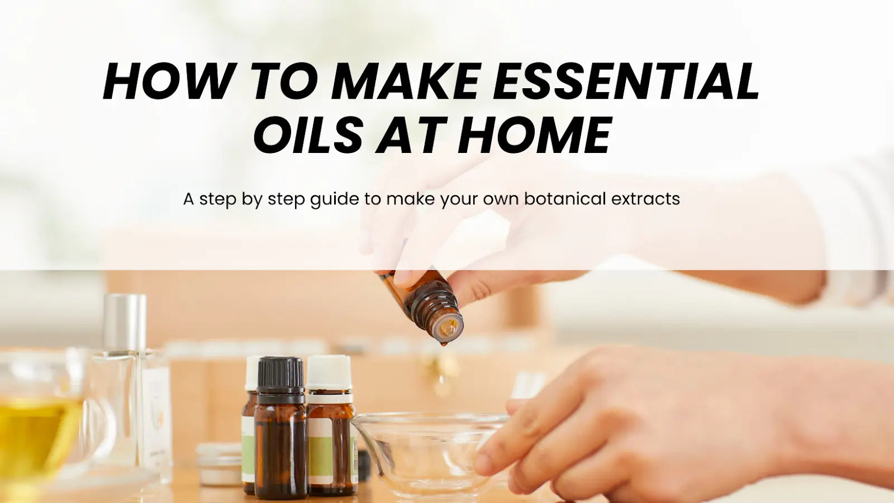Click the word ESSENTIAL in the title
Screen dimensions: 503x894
(x=625, y=82)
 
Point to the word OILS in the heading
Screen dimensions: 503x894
(x=308, y=135)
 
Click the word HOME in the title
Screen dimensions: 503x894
(x=534, y=135)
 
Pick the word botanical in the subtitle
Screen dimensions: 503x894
(x=565, y=199)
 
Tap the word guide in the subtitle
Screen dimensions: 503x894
(x=334, y=200)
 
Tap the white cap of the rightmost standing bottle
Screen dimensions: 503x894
(x=329, y=373)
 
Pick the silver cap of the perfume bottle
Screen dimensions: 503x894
(x=125, y=321)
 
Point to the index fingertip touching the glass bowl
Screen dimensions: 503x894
(x=485, y=462)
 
